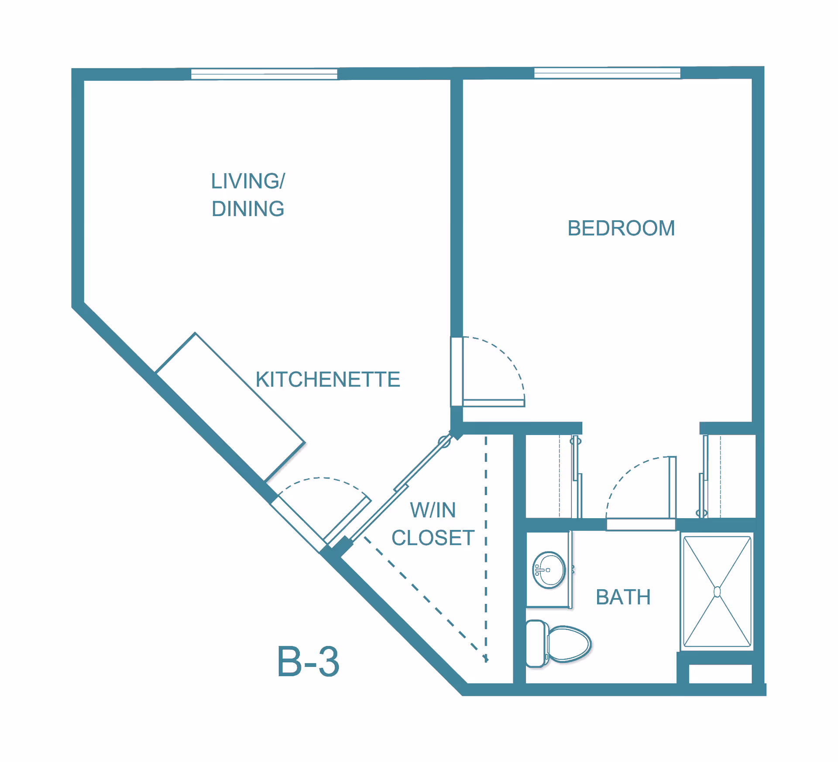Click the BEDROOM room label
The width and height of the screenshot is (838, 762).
pyautogui.click(x=621, y=228)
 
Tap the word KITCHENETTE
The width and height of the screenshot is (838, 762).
pyautogui.click(x=328, y=379)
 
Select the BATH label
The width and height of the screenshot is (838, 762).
pyautogui.click(x=623, y=597)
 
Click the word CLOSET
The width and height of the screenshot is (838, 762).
pyautogui.click(x=433, y=538)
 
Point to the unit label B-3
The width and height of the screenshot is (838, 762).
pyautogui.click(x=308, y=662)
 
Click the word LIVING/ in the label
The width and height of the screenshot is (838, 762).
pyautogui.click(x=248, y=181)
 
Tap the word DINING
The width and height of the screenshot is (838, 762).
pyautogui.click(x=248, y=209)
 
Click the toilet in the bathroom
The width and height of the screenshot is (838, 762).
pyautogui.click(x=567, y=644)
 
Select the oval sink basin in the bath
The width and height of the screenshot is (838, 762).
pyautogui.click(x=549, y=570)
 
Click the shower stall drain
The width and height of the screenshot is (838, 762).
pyautogui.click(x=717, y=592)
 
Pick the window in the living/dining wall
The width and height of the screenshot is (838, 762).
pyautogui.click(x=264, y=74)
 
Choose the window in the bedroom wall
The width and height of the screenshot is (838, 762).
pyautogui.click(x=607, y=73)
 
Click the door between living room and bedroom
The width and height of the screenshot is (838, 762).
pyautogui.click(x=493, y=403)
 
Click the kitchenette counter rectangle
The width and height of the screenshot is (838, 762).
pyautogui.click(x=230, y=407)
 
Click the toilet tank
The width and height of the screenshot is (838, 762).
pyautogui.click(x=536, y=644)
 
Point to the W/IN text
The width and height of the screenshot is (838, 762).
pyautogui.click(x=433, y=510)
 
